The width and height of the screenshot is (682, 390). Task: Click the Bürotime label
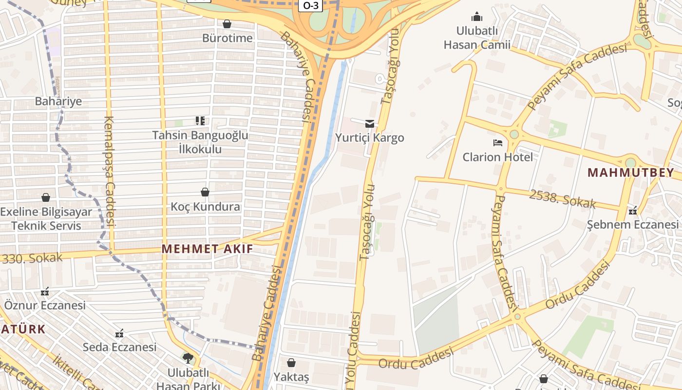[x=227, y=38]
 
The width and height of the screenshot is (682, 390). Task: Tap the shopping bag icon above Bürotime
[x=227, y=23]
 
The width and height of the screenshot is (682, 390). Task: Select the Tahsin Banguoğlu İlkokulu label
[x=200, y=142]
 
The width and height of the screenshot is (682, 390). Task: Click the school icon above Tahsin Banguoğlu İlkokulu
[x=200, y=120]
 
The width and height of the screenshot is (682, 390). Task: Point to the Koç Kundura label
[x=205, y=207]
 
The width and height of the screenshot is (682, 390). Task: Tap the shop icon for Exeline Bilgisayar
[x=46, y=197]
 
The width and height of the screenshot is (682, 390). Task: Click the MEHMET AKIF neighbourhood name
[x=208, y=249]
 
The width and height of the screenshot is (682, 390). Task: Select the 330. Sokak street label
[x=32, y=258]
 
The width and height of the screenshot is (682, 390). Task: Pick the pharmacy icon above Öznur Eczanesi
[x=45, y=292]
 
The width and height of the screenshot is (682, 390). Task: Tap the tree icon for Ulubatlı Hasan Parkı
[x=188, y=358]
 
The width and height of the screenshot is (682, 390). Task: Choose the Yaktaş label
[x=291, y=377]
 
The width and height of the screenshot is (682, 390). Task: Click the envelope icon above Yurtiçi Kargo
[x=370, y=123]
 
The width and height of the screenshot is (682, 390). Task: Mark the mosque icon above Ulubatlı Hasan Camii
[x=477, y=17]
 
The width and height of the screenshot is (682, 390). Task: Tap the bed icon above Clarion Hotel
[x=497, y=143]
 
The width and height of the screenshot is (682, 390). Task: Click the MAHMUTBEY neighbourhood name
[x=631, y=172]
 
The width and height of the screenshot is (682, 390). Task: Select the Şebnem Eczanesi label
[x=632, y=224]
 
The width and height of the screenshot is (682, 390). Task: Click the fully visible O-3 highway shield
[x=311, y=6]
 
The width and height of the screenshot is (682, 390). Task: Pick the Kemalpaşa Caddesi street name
[x=109, y=171]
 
